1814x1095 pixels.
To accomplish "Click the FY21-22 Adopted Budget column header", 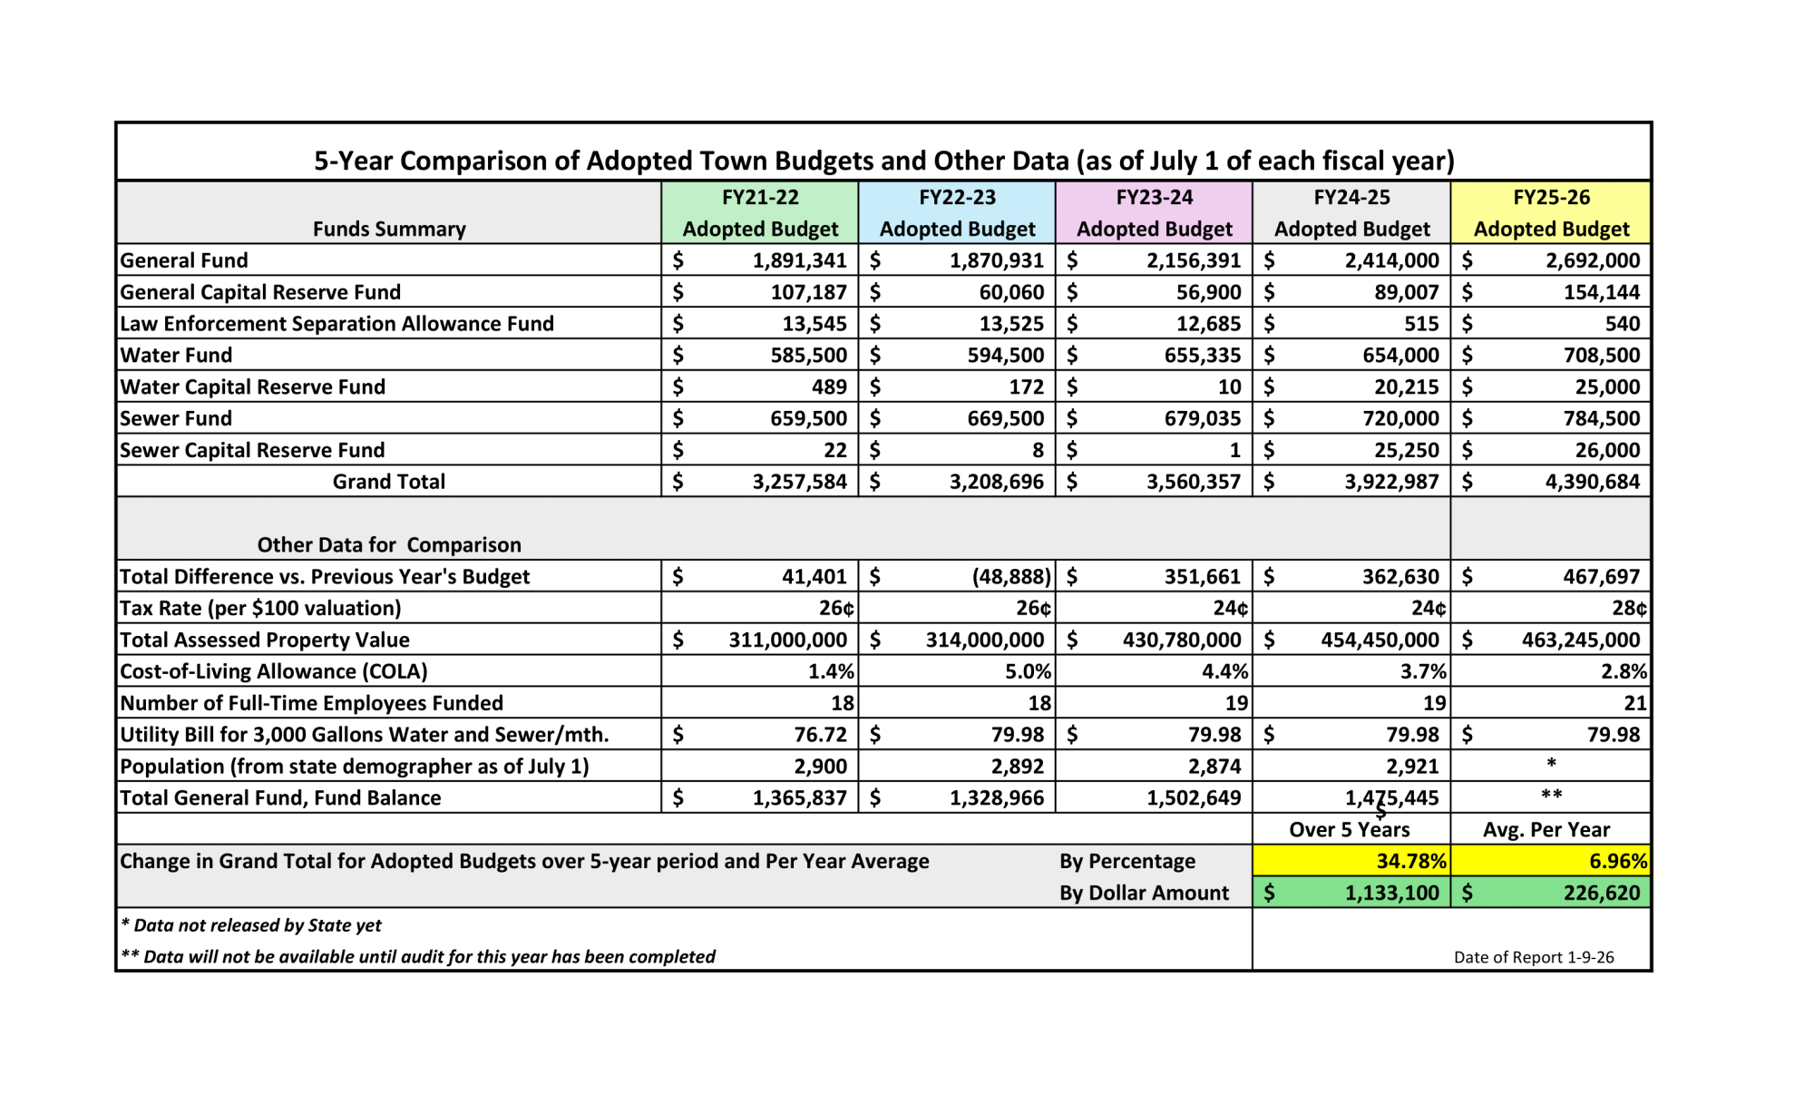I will click(x=760, y=213).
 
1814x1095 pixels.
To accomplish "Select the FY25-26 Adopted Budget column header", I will click(x=1551, y=213).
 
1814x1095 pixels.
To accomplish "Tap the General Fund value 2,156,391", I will click(x=1193, y=260).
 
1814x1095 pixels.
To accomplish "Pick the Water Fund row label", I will click(x=176, y=356).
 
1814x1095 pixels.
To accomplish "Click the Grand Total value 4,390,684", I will click(x=1592, y=482).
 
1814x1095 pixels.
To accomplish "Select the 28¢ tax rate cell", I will click(x=1629, y=608).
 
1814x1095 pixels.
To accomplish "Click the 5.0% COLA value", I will click(x=1028, y=671).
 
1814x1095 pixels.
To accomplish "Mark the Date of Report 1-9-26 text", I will click(x=1534, y=957).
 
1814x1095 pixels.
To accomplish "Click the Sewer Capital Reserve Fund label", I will click(x=252, y=450).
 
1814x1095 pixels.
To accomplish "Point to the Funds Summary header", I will click(x=389, y=229).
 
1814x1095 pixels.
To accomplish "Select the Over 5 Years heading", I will click(x=1350, y=829).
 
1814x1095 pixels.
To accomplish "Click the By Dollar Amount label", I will click(x=1144, y=893).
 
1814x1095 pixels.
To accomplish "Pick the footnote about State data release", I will click(x=252, y=925).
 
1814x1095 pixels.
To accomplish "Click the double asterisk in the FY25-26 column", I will click(x=1551, y=796).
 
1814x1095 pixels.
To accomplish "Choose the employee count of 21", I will click(x=1634, y=703).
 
